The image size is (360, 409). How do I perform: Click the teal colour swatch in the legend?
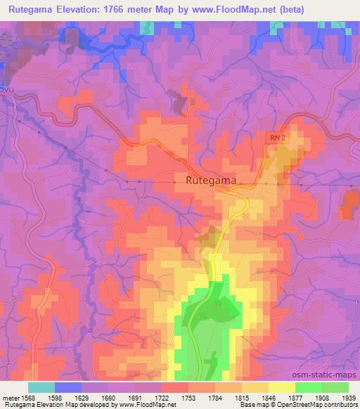click(41, 387)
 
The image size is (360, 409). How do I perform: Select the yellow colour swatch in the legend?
click(281, 387)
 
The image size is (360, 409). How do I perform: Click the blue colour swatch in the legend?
click(68, 387)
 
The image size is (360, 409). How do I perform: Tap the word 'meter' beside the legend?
click(9, 398)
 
